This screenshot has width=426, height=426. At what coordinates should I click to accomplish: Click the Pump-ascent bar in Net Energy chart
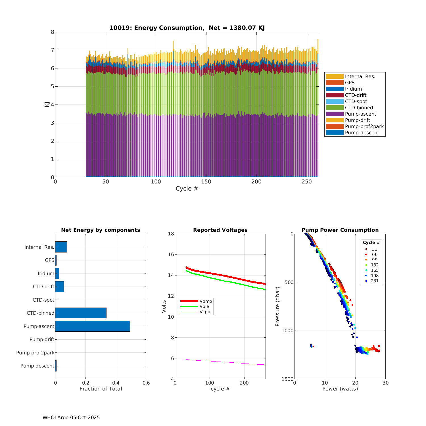point(93,326)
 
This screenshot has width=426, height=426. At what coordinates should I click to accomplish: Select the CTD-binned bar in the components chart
point(81,313)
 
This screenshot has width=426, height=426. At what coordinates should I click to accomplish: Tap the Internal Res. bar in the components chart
point(61,247)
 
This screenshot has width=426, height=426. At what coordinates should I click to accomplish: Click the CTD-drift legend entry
point(356,95)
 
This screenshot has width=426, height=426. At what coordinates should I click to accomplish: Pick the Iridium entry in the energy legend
point(353,89)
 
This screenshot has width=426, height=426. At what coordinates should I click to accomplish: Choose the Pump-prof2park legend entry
point(364,126)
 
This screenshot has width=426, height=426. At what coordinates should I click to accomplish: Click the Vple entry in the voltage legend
point(204,306)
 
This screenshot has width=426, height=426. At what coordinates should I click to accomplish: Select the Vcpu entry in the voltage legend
point(205,312)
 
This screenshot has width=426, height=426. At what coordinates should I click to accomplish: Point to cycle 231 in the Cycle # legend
point(375,281)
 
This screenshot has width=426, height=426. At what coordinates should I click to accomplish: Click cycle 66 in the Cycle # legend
point(375,254)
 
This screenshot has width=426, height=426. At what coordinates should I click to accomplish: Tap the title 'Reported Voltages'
point(220,230)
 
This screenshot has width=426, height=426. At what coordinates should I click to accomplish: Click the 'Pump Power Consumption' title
point(340,230)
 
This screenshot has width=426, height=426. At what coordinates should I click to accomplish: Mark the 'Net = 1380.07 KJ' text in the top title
point(237,28)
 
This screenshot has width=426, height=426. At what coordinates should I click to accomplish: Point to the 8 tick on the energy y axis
point(52,32)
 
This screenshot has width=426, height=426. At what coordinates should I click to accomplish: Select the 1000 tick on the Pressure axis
point(287,331)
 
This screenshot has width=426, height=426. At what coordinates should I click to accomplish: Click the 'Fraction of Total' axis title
point(101,389)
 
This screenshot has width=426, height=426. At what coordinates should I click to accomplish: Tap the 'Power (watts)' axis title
point(340,389)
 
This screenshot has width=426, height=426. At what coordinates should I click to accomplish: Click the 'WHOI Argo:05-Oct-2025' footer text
point(71,417)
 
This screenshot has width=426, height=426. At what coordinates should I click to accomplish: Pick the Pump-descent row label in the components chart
point(37,366)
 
